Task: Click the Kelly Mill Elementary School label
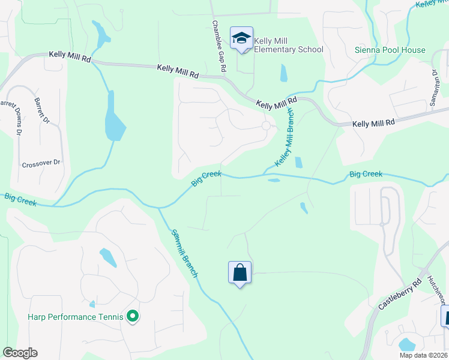coord(288,45)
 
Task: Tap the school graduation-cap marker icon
coord(241,38)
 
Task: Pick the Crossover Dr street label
coord(41,163)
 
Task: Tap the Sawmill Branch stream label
coord(184,253)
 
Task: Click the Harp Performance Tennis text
coord(75,317)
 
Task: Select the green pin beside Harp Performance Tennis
coord(133,316)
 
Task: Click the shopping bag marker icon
coord(240,272)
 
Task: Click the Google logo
coord(20,353)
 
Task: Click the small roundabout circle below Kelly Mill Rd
coord(266,125)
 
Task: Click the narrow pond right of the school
coord(283,73)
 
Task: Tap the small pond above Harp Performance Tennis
coord(108,257)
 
